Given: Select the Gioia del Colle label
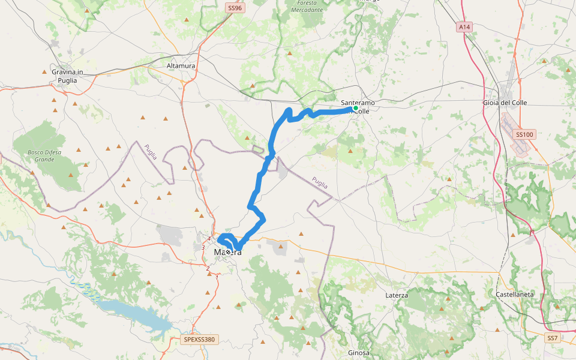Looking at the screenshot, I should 505,103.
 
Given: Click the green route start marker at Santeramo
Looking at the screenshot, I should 356,108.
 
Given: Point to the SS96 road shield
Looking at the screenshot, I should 234,8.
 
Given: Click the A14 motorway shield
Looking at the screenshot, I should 464,27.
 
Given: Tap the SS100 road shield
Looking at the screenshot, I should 524,135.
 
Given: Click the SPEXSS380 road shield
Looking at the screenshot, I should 199,340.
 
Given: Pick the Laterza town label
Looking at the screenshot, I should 397,296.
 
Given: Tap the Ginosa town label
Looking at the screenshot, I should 359,352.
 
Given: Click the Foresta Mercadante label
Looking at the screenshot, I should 307,7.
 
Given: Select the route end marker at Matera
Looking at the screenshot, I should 228,253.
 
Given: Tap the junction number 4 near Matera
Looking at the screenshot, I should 209,239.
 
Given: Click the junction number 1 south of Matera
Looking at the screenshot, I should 217,277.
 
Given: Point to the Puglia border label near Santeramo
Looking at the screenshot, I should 320,182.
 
